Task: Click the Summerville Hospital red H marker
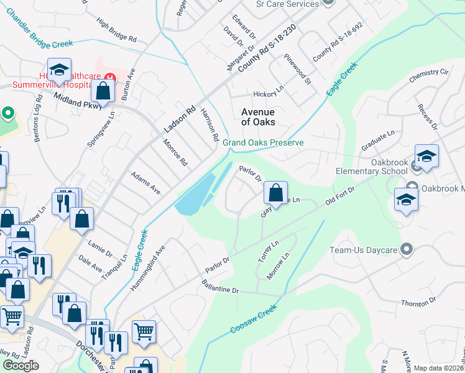click(x=110, y=78)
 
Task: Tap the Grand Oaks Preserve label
click(x=263, y=142)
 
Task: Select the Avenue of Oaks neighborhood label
click(x=258, y=116)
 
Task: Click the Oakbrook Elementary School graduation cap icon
click(x=426, y=157)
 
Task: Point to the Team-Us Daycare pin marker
click(x=407, y=250)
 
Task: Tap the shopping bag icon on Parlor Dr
click(x=275, y=193)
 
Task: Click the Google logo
click(x=21, y=366)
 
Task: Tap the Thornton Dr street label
click(x=418, y=303)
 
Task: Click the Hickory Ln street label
click(x=268, y=94)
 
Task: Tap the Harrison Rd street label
click(x=209, y=124)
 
